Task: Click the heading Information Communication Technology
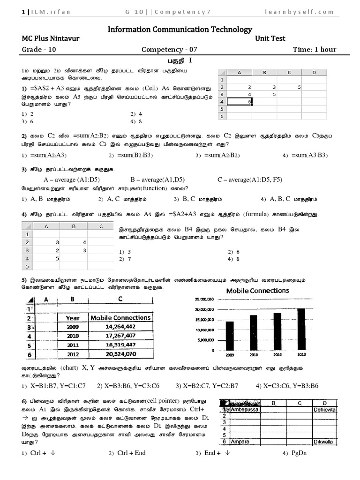click(180, 29)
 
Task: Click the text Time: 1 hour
click(315, 49)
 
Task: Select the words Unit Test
click(270, 38)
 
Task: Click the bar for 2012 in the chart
click(301, 329)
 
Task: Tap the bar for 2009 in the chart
click(230, 336)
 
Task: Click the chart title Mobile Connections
click(258, 291)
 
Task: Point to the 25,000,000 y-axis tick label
click(203, 299)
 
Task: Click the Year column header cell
click(73, 317)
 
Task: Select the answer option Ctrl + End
click(131, 453)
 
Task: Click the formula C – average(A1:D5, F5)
click(256, 180)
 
